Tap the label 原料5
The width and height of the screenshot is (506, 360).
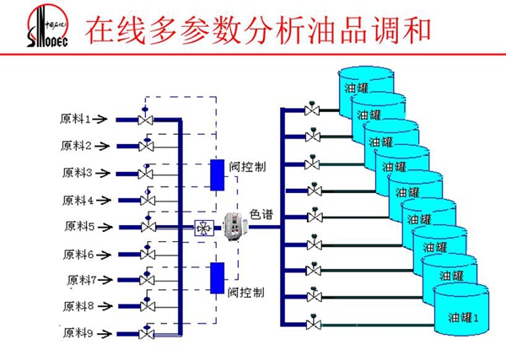point(79,226)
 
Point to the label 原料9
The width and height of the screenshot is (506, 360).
point(79,333)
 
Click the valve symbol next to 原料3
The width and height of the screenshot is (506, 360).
point(147,174)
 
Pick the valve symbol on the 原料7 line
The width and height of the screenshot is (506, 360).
point(147,281)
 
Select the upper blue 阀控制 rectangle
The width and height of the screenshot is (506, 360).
point(217,175)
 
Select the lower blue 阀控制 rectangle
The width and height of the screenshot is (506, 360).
point(217,277)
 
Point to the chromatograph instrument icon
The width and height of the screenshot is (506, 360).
point(232,226)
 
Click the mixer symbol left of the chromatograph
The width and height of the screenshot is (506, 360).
point(203,227)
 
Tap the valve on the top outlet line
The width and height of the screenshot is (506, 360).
point(313,110)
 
